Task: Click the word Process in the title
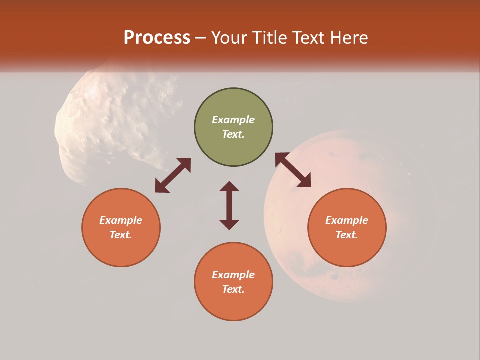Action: pos(157,38)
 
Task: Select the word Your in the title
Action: pos(230,38)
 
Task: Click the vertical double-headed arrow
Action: pos(229,205)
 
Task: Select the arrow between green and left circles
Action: pos(173,175)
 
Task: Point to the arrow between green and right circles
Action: pos(293,170)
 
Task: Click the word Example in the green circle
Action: pos(233,120)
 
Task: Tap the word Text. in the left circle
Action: pos(121,235)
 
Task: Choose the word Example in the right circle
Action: pos(347,220)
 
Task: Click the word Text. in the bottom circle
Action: pos(233,289)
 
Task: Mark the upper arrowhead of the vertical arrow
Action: pos(229,187)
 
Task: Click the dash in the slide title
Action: pos(201,38)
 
